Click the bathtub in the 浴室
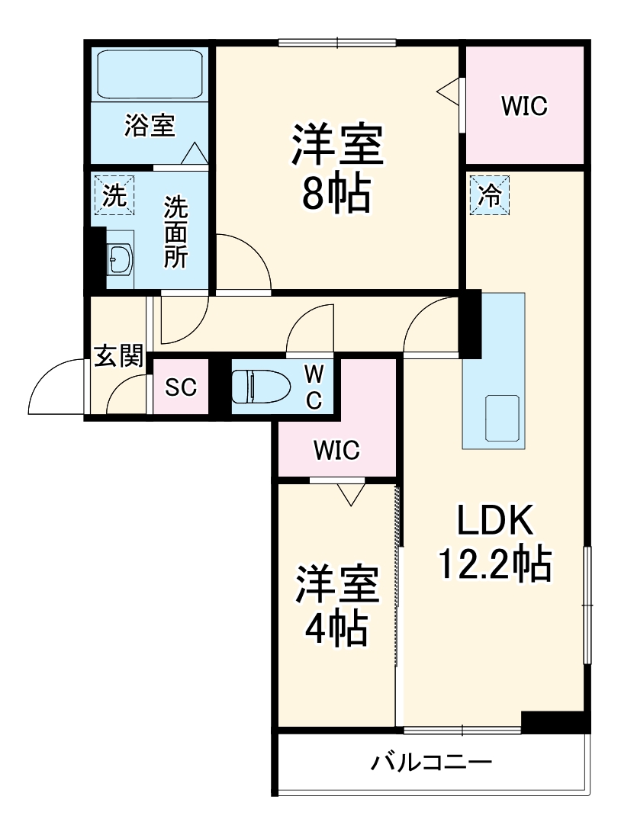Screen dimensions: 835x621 150,74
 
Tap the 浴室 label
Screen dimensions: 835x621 150,126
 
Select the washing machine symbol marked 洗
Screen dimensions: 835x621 114,196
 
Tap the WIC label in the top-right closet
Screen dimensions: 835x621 524,107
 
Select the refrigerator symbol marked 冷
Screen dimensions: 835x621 489,196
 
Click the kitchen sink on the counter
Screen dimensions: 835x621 502,418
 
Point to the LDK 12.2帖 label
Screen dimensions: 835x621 493,543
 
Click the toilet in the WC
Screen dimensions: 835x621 259,386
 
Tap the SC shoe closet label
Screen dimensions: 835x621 182,387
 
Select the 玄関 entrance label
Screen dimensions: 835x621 118,355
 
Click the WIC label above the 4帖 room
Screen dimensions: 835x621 336,450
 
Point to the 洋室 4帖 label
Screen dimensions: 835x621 336,606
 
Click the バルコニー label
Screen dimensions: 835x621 431,762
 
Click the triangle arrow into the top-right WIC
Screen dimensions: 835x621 449,90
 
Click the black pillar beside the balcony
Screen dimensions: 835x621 555,721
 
